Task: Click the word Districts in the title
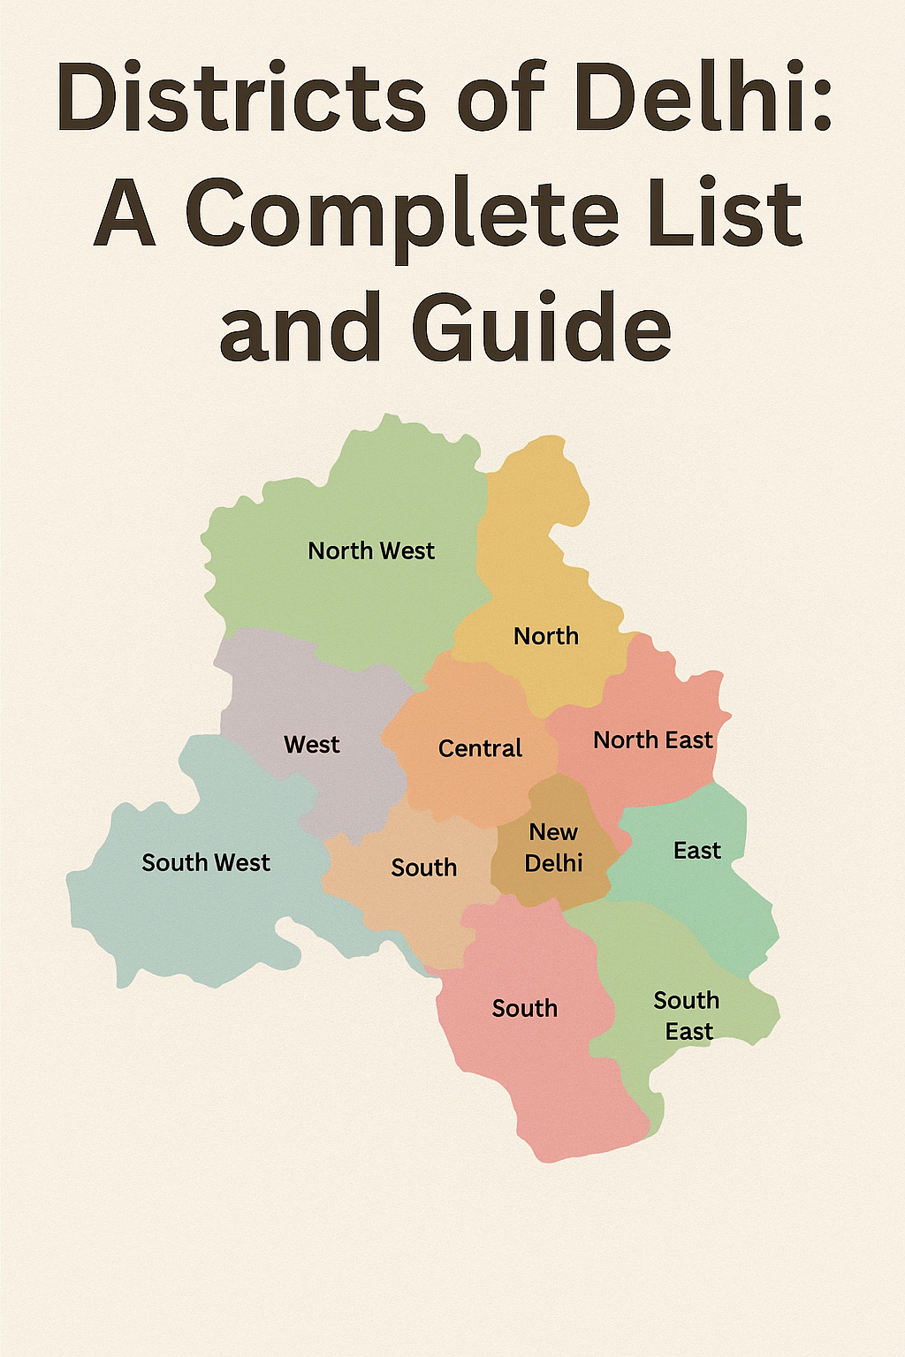(x=241, y=97)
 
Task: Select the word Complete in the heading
(x=402, y=214)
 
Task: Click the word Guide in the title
(x=541, y=329)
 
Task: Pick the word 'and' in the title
(x=300, y=329)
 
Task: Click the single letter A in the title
(x=126, y=214)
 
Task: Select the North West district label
(x=371, y=551)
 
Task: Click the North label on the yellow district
(x=546, y=636)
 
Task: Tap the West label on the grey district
(x=312, y=745)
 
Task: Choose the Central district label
(x=480, y=749)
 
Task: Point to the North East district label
(x=652, y=740)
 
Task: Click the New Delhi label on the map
(x=554, y=847)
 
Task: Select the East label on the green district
(x=697, y=851)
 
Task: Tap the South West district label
(x=206, y=862)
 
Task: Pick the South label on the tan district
(x=424, y=868)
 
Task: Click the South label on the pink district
(x=525, y=1008)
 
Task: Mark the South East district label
(x=688, y=1016)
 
